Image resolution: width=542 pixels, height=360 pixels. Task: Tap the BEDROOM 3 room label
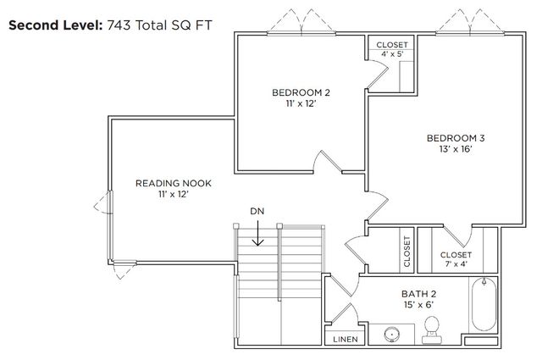click(455, 137)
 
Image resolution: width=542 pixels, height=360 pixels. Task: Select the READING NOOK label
click(173, 183)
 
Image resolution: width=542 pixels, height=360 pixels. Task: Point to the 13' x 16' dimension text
click(455, 149)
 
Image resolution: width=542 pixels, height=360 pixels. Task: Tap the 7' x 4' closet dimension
click(456, 265)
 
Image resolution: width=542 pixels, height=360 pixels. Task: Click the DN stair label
click(257, 210)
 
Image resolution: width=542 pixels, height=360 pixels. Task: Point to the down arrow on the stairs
click(257, 234)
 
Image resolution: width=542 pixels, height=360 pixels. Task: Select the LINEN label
click(346, 339)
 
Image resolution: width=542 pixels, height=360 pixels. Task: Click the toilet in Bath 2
click(432, 330)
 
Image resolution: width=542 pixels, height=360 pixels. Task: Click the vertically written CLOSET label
click(406, 252)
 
